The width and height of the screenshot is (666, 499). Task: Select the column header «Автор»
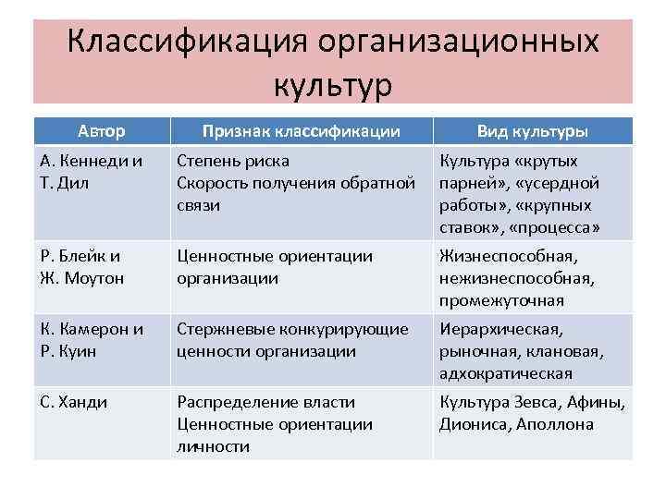(x=102, y=131)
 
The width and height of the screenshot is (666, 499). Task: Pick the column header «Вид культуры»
(x=532, y=131)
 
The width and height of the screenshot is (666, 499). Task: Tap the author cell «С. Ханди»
(x=75, y=402)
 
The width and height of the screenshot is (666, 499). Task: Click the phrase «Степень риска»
(x=233, y=161)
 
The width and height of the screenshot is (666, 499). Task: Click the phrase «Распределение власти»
(x=265, y=402)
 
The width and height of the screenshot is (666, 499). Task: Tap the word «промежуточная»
(x=501, y=300)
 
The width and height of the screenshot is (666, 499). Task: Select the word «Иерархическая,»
(x=500, y=329)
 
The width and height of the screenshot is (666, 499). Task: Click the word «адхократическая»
(x=506, y=373)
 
